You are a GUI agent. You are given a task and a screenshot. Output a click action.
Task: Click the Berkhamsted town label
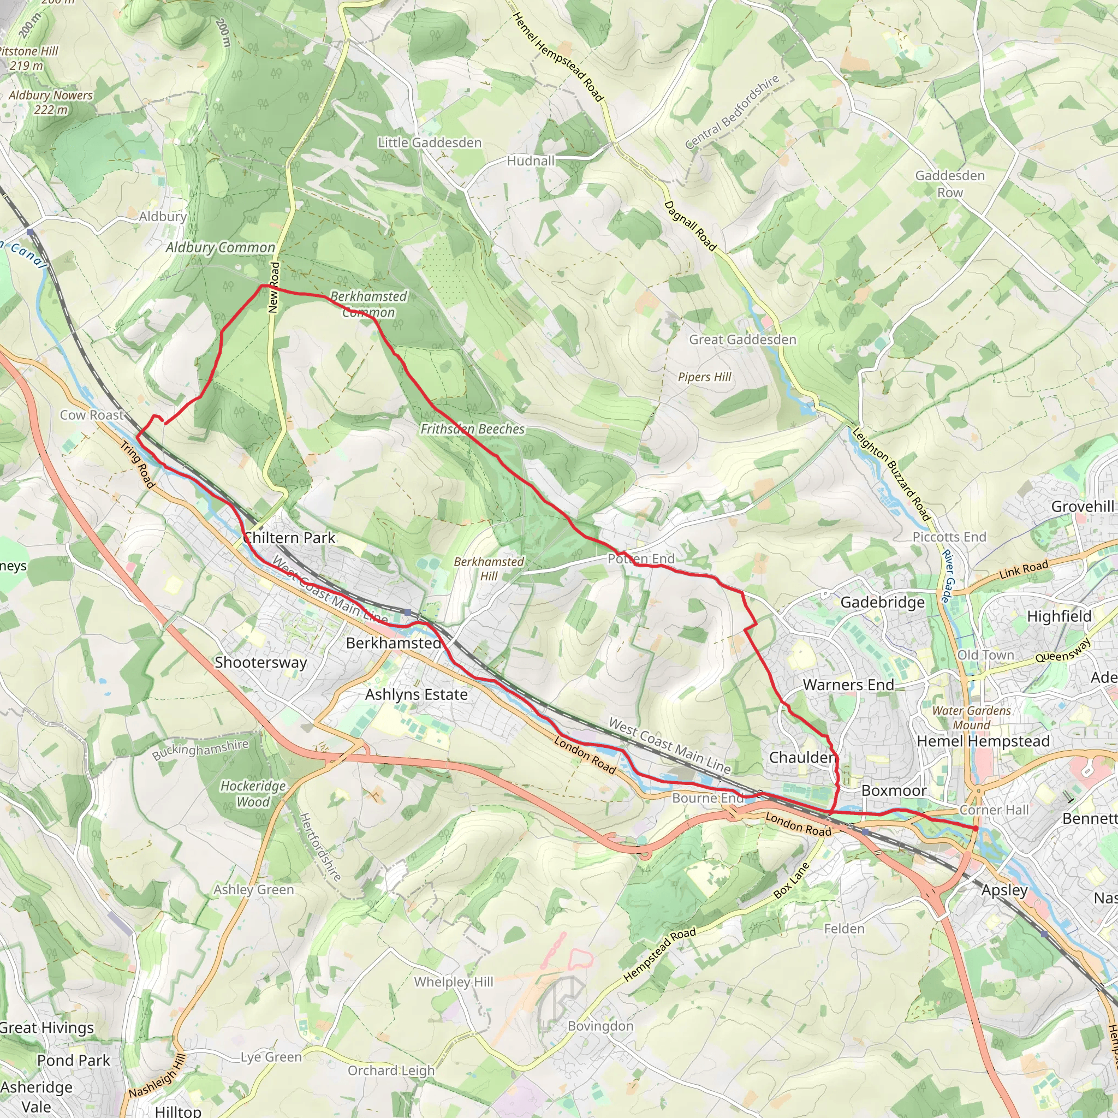pos(394,643)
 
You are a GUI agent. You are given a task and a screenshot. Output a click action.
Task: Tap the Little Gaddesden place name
pos(430,142)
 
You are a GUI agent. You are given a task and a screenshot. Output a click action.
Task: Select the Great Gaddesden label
pos(742,340)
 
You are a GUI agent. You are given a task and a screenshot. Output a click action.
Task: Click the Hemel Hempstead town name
pos(983,741)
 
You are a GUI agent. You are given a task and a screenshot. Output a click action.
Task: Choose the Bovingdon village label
pos(600,1025)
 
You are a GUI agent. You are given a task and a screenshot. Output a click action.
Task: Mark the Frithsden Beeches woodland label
pos(472,429)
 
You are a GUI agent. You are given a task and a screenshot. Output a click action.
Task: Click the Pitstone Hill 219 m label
pos(28,58)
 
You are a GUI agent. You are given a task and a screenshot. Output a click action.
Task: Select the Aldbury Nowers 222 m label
pos(50,102)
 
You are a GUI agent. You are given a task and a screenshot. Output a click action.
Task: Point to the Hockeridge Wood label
pos(253,793)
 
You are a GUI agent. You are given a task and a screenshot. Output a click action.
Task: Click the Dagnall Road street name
pos(690,225)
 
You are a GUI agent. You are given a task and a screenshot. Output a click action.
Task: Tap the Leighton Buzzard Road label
pos(890,474)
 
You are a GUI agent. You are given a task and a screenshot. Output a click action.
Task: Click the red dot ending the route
pos(975,829)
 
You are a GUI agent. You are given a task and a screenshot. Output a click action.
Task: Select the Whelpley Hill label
pos(454,982)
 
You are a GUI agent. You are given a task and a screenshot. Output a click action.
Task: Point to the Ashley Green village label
pos(253,889)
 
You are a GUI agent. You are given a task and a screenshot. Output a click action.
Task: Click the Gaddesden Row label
pos(950,183)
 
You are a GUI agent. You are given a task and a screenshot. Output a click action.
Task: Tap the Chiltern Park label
pos(289,538)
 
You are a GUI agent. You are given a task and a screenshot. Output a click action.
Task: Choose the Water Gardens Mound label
pos(972,717)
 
